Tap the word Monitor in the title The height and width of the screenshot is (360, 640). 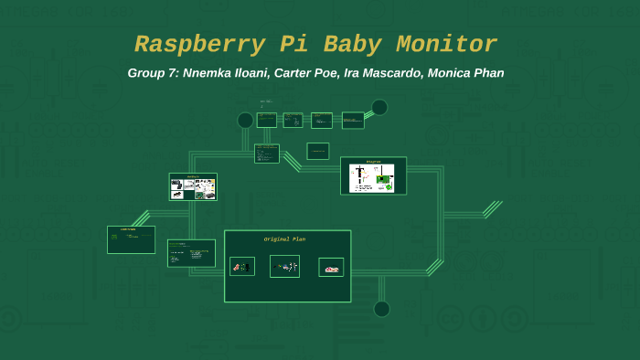pyautogui.click(x=447, y=44)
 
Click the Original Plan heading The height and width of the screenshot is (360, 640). pyautogui.click(x=284, y=239)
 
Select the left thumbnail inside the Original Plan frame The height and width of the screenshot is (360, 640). pyautogui.click(x=242, y=267)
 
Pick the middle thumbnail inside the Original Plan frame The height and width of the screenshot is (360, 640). pyautogui.click(x=285, y=267)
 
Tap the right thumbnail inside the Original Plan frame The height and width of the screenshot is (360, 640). pyautogui.click(x=331, y=267)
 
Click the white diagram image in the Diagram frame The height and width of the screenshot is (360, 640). pyautogui.click(x=372, y=177)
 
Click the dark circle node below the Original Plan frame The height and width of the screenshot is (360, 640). pyautogui.click(x=381, y=309)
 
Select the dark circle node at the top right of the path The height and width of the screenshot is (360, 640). pyautogui.click(x=379, y=107)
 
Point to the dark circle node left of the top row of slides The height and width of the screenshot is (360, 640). pyautogui.click(x=245, y=121)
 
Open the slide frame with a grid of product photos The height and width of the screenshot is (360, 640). pyautogui.click(x=193, y=187)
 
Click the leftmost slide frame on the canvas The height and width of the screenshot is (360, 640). pyautogui.click(x=131, y=239)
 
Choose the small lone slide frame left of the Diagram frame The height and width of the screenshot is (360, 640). pyautogui.click(x=317, y=151)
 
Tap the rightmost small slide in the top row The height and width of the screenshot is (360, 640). pyautogui.click(x=353, y=120)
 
